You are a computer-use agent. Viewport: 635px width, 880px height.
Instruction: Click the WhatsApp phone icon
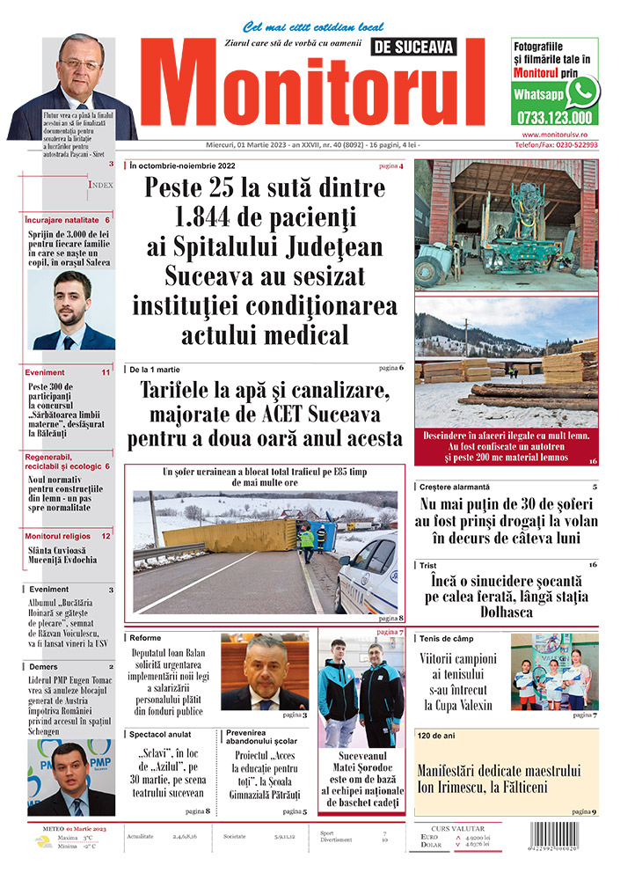tap(582, 91)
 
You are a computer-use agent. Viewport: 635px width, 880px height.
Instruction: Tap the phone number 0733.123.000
tap(553, 117)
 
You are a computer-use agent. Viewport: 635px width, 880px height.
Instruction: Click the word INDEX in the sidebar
tap(100, 186)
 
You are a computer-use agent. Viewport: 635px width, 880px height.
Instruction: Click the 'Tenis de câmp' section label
tap(448, 637)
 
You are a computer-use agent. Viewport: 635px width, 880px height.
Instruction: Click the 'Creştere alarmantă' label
tap(455, 487)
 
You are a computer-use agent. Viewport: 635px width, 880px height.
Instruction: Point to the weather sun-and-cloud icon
tap(42, 841)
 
